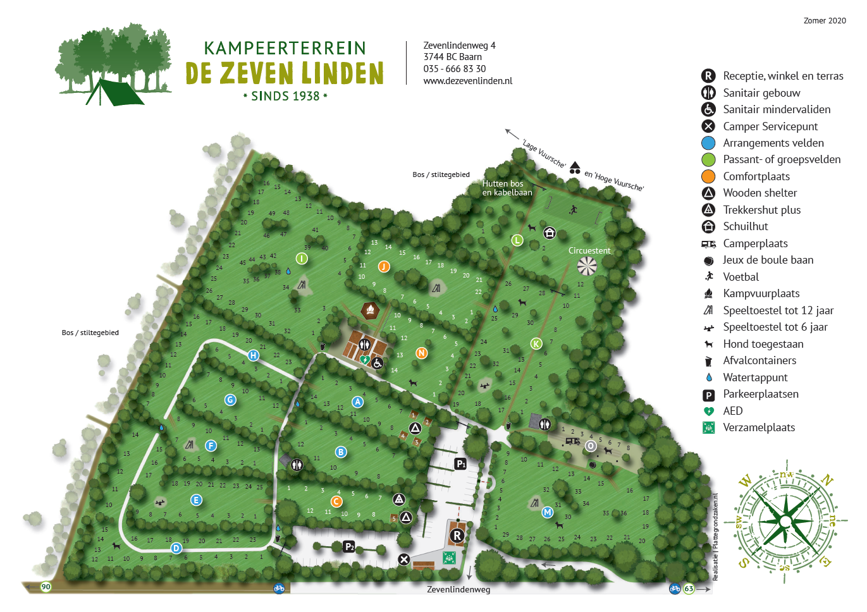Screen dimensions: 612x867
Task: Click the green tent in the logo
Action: click(x=114, y=93)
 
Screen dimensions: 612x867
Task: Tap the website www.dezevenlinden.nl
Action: click(x=467, y=81)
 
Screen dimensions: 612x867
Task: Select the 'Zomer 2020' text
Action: click(x=824, y=21)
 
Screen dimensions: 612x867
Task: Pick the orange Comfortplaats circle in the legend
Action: click(x=708, y=176)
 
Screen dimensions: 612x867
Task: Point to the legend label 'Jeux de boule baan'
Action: click(x=768, y=260)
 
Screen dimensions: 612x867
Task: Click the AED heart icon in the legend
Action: click(x=708, y=411)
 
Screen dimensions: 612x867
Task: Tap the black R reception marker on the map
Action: click(x=457, y=536)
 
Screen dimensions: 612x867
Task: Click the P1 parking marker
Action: click(x=461, y=464)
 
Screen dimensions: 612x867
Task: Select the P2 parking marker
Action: click(x=349, y=546)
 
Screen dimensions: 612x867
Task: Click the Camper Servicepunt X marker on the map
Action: click(x=403, y=559)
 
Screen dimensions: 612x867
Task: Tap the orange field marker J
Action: click(x=383, y=266)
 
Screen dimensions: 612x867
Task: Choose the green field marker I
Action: click(x=302, y=258)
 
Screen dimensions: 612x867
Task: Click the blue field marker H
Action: click(x=253, y=355)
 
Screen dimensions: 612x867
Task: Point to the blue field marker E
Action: click(x=196, y=500)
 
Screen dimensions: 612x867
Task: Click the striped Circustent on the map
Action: click(x=587, y=266)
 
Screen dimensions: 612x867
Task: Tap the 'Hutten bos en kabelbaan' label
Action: click(x=507, y=188)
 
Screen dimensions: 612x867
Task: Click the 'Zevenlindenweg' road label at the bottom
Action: click(x=458, y=589)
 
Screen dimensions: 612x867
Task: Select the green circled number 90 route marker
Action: click(x=46, y=587)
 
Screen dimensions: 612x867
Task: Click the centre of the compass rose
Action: click(x=785, y=521)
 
